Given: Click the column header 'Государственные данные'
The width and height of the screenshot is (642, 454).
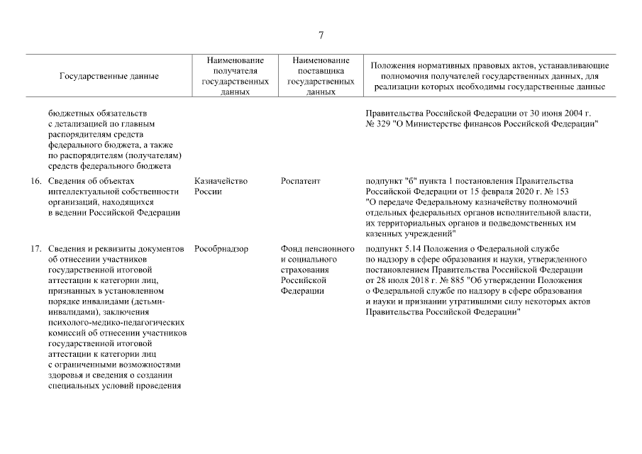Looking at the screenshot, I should click(x=109, y=76).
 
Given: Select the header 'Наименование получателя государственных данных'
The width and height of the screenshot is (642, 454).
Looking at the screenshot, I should click(x=235, y=76).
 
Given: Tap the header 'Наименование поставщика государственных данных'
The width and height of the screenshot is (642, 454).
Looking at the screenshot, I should click(x=321, y=76).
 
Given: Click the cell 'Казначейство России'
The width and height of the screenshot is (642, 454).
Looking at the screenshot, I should click(x=221, y=187).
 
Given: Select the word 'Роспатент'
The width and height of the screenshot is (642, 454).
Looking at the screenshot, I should click(x=301, y=182).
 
